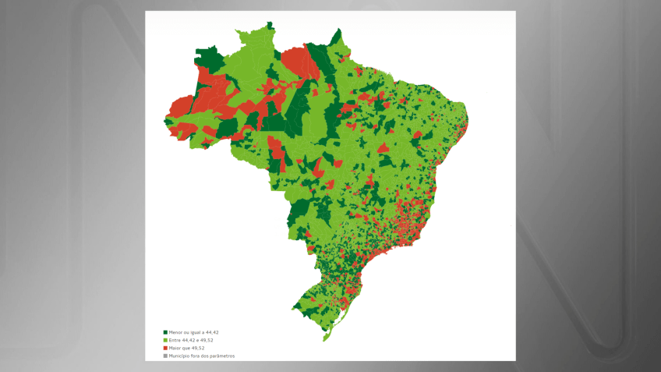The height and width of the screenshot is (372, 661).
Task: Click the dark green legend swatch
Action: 165,332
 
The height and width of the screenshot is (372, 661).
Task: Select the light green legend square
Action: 165,340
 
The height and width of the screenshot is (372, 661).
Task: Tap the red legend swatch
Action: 165,348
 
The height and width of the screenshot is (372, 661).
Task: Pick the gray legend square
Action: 165,356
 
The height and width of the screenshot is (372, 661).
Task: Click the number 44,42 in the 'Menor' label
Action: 211,332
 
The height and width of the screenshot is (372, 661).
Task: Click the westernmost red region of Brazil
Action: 180,108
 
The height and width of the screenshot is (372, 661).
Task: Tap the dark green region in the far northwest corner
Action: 208,58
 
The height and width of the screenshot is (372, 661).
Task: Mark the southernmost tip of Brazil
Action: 324,340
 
